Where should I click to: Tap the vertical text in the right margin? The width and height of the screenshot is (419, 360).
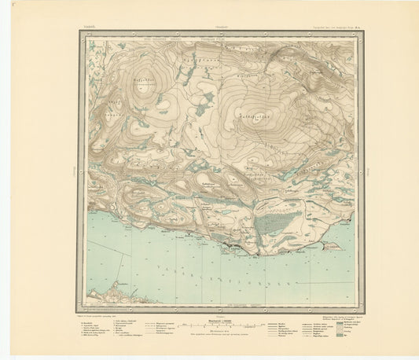367,169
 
